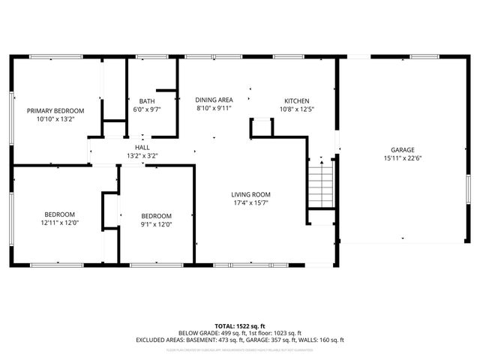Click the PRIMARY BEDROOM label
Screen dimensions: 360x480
51,110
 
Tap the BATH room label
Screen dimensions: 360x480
147,101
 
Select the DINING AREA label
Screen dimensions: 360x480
214,100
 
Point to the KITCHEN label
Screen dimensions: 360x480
296,101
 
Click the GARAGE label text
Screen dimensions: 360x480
402,150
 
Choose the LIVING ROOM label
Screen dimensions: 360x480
250,194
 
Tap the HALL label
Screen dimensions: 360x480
142,148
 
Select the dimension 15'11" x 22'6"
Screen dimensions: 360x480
402,158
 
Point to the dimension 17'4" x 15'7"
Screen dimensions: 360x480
250,202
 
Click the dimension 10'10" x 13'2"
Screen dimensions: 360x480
51,118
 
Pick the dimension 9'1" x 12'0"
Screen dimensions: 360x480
157,223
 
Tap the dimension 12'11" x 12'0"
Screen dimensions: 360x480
60,223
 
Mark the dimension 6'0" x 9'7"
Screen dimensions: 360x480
147,109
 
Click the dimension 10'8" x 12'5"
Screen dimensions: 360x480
296,109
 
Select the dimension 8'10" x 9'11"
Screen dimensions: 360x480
214,109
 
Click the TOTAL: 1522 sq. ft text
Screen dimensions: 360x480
240,326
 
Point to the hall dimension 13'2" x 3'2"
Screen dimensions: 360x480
142,156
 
